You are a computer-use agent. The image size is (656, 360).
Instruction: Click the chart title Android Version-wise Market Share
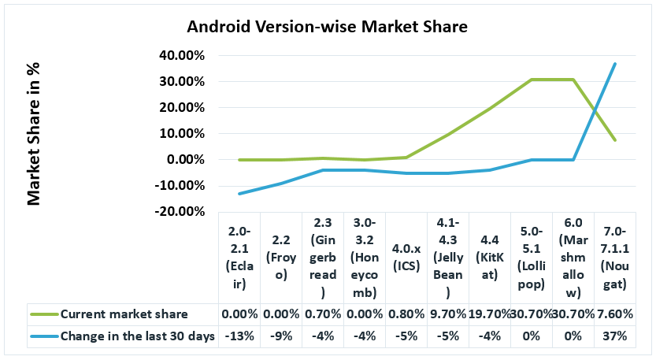[x=327, y=27]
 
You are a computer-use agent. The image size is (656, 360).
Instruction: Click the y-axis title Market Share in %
[x=34, y=134]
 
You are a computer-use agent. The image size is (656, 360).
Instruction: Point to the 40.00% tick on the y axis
[x=182, y=56]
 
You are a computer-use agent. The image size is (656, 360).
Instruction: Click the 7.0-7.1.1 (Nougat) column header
[x=614, y=258]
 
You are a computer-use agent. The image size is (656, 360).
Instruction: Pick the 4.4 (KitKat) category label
[x=489, y=258]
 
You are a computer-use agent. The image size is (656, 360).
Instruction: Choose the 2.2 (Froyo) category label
[x=283, y=258]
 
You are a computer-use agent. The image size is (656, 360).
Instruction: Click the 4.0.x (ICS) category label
[x=407, y=258]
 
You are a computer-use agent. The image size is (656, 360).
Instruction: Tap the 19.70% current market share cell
[x=489, y=314]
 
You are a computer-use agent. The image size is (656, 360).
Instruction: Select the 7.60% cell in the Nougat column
[x=614, y=314]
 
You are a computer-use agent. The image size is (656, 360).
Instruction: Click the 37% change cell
[x=614, y=336]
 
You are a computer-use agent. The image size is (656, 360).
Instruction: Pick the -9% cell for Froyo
[x=283, y=336]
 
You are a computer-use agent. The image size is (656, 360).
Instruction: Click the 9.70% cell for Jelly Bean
[x=448, y=314]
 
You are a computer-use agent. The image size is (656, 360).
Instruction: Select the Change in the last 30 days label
[x=138, y=336]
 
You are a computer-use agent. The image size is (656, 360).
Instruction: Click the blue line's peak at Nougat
[x=615, y=64]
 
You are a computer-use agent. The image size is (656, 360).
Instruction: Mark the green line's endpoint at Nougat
[x=615, y=140]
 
